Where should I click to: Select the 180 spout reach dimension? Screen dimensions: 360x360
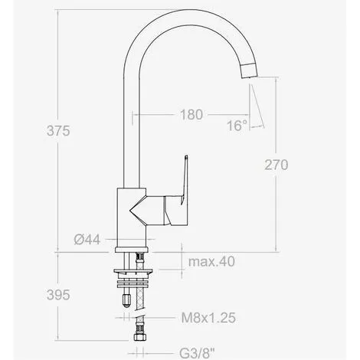pos(191,116)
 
